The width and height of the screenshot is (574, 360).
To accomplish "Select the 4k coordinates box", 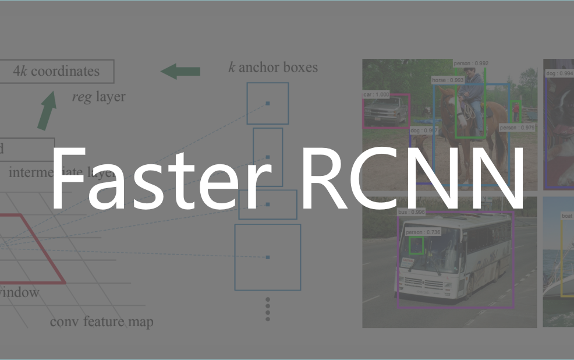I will [56, 71].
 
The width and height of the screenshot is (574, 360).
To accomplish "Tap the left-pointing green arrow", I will [180, 72].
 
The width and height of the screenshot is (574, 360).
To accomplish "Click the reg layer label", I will [98, 97].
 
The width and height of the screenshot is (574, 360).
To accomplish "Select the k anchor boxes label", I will [273, 67].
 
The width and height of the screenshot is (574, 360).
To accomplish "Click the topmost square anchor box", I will [267, 103].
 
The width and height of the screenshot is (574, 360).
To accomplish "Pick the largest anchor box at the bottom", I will [268, 257].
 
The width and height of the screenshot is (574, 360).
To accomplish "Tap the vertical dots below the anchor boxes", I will [268, 309].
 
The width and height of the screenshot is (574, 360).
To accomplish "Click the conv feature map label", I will [102, 322].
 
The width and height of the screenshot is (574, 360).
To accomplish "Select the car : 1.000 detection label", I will [375, 94].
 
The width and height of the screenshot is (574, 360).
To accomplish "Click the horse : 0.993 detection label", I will [448, 80].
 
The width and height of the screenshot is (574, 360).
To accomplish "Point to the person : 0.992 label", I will [471, 63].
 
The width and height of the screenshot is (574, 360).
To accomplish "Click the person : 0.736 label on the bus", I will [423, 232].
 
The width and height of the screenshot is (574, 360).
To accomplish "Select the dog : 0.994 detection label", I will [559, 73].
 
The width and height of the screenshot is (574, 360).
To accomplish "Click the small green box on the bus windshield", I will [416, 246].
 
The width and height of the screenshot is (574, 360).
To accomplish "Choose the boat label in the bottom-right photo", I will [567, 216].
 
